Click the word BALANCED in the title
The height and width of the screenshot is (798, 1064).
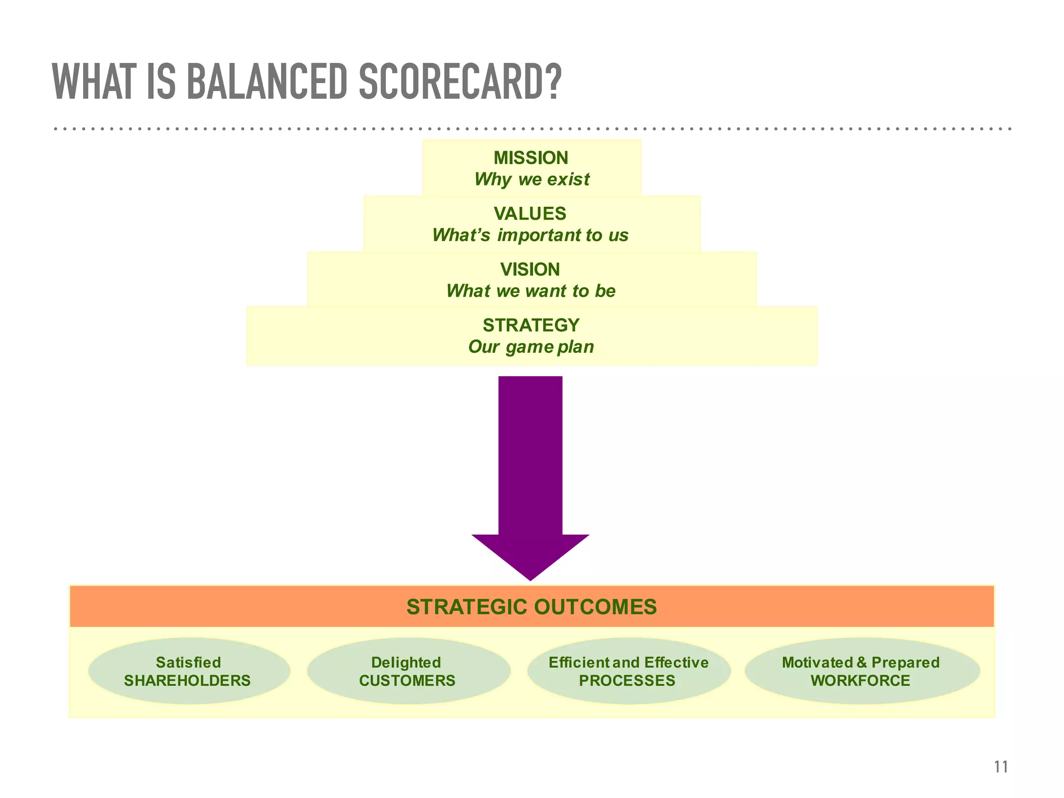[266, 82]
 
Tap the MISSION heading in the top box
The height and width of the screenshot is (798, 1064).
[531, 158]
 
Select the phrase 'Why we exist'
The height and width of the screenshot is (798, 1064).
[531, 180]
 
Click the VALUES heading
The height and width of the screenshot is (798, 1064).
[530, 214]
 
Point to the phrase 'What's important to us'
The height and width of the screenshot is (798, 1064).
[530, 235]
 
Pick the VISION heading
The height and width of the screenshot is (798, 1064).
[530, 269]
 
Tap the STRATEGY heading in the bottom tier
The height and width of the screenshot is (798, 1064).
[531, 325]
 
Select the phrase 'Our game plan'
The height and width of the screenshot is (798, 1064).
[531, 347]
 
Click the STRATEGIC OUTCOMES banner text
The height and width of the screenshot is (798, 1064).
[531, 607]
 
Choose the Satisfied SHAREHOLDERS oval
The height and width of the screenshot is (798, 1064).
[189, 671]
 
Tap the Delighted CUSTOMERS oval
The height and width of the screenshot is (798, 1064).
[408, 671]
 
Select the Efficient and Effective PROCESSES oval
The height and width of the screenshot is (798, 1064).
[629, 671]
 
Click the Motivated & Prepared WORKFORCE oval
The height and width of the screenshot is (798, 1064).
[861, 671]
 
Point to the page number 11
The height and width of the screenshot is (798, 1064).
[1001, 767]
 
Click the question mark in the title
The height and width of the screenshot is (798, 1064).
[553, 82]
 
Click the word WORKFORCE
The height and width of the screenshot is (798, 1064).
[860, 681]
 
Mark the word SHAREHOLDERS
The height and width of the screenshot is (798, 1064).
[188, 681]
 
